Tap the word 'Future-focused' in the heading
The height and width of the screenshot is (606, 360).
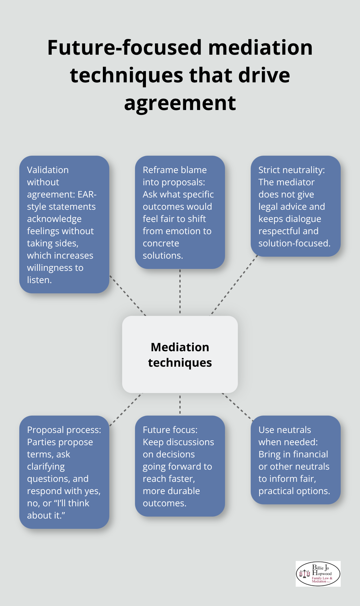pyautogui.click(x=124, y=48)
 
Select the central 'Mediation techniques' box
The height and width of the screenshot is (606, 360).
pyautogui.click(x=180, y=354)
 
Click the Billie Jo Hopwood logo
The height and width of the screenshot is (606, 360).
pyautogui.click(x=318, y=574)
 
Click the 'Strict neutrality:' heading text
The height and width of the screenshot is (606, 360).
pyautogui.click(x=292, y=170)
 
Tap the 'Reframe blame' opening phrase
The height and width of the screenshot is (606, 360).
pyautogui.click(x=175, y=170)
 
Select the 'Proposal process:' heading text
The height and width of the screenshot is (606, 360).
pyautogui.click(x=64, y=430)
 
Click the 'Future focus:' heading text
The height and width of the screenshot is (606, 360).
pyautogui.click(x=170, y=430)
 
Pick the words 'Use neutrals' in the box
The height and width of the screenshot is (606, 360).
pyautogui.click(x=284, y=430)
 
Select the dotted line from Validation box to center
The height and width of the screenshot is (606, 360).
pyautogui.click(x=128, y=295)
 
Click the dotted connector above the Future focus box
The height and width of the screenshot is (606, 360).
pyautogui.click(x=180, y=404)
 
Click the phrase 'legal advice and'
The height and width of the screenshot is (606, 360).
pyautogui.click(x=292, y=207)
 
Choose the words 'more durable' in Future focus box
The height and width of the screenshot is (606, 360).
pyautogui.click(x=171, y=491)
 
